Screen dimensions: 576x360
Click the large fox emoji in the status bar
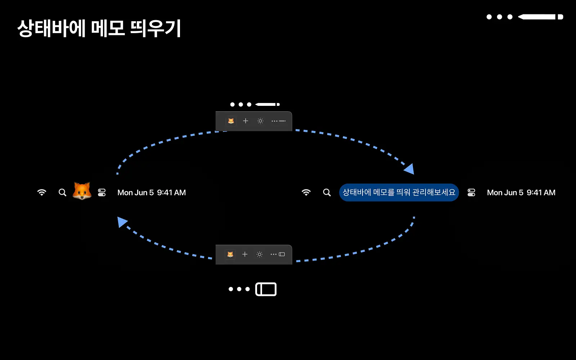(x=82, y=191)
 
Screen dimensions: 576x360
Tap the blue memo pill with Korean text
(x=399, y=192)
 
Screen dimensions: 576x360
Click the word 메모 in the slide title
(x=108, y=28)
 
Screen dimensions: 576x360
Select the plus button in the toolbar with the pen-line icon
(x=246, y=121)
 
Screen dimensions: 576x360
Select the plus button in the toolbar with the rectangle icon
(x=245, y=254)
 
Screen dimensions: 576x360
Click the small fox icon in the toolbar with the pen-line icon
(x=231, y=121)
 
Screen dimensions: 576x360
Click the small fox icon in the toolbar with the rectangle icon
(x=230, y=254)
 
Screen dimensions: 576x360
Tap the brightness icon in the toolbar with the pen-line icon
(x=260, y=121)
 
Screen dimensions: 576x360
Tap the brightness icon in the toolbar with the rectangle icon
(x=260, y=254)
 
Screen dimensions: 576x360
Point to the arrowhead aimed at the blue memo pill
(x=410, y=169)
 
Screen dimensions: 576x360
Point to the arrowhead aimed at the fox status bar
(x=122, y=222)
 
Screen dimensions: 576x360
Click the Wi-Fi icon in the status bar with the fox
(x=42, y=192)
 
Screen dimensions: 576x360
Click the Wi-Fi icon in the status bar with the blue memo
(x=306, y=192)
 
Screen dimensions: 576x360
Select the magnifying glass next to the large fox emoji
(x=62, y=192)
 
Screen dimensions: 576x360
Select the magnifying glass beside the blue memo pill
(x=327, y=192)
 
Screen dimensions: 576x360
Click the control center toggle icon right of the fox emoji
(x=102, y=192)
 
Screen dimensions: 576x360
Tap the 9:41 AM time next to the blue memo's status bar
(x=541, y=193)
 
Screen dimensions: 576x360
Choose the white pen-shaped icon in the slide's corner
(x=540, y=17)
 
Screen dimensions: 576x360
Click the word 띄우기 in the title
(x=156, y=28)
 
